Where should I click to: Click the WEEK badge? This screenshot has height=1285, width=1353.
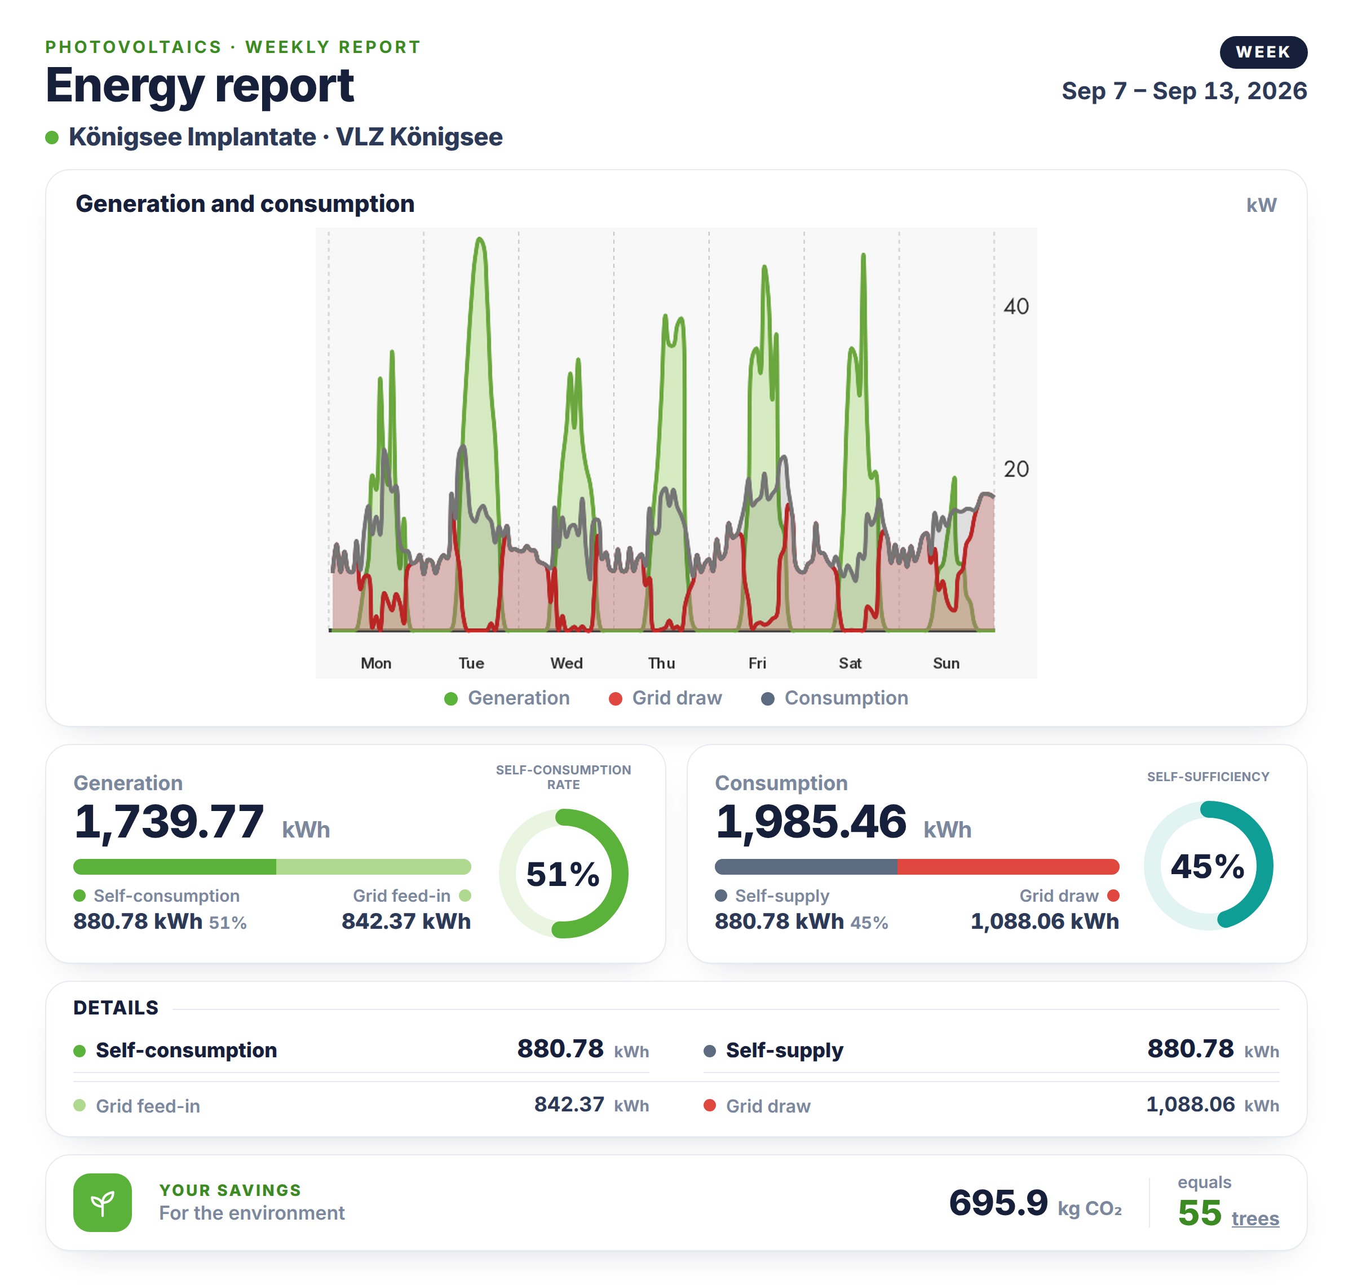tap(1263, 52)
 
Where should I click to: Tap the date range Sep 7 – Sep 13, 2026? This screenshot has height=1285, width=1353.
tap(1184, 90)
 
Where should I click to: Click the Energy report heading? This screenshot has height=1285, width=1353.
tap(200, 86)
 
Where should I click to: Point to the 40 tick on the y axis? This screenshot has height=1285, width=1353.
tap(1016, 306)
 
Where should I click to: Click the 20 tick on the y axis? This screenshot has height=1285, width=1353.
tap(1016, 469)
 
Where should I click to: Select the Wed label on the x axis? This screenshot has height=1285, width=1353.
tap(567, 663)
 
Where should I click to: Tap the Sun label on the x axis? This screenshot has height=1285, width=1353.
tap(946, 663)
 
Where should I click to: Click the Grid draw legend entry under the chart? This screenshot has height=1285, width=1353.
tap(665, 698)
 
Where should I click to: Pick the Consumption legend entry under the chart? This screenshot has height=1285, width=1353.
tap(834, 698)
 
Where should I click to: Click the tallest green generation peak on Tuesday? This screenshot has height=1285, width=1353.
tap(480, 239)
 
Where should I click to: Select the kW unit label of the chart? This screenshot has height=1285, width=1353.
tap(1261, 205)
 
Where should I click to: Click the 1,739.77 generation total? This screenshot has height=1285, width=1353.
tap(169, 821)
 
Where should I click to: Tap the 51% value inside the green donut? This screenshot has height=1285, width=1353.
tap(563, 874)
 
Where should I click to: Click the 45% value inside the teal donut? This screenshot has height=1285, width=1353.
tap(1208, 866)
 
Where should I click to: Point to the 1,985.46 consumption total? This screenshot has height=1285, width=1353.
tap(811, 821)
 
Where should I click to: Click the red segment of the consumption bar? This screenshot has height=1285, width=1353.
tap(1008, 866)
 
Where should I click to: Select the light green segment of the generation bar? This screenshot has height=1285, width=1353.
tap(373, 866)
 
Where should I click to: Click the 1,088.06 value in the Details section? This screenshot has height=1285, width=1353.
tap(1191, 1104)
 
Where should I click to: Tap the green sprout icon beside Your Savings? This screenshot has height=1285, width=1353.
tap(103, 1203)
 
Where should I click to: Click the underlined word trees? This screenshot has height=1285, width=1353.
tap(1255, 1218)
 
